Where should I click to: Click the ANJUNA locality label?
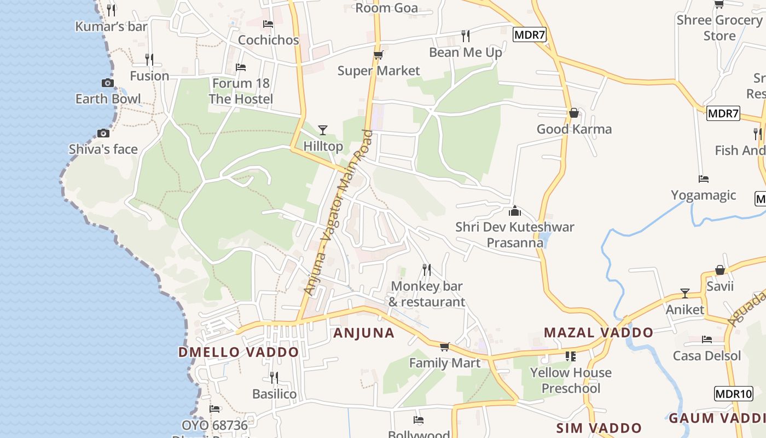364,333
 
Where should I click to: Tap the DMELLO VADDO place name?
239,352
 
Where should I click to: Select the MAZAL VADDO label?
599,332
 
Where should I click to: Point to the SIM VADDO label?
599,428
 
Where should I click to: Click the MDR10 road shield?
734,394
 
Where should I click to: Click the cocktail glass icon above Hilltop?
323,130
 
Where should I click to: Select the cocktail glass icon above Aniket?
684,293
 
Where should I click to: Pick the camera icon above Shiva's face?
103,133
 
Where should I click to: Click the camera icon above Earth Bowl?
108,83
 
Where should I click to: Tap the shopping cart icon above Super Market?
378,55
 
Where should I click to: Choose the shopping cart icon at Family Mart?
445,347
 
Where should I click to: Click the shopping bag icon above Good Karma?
574,113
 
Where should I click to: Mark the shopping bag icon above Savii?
720,270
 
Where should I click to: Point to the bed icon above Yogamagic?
704,179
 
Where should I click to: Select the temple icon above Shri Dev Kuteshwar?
515,211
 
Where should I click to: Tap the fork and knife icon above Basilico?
274,378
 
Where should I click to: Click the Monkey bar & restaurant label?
427,294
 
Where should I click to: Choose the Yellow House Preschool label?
571,381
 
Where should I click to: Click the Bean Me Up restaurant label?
466,53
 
